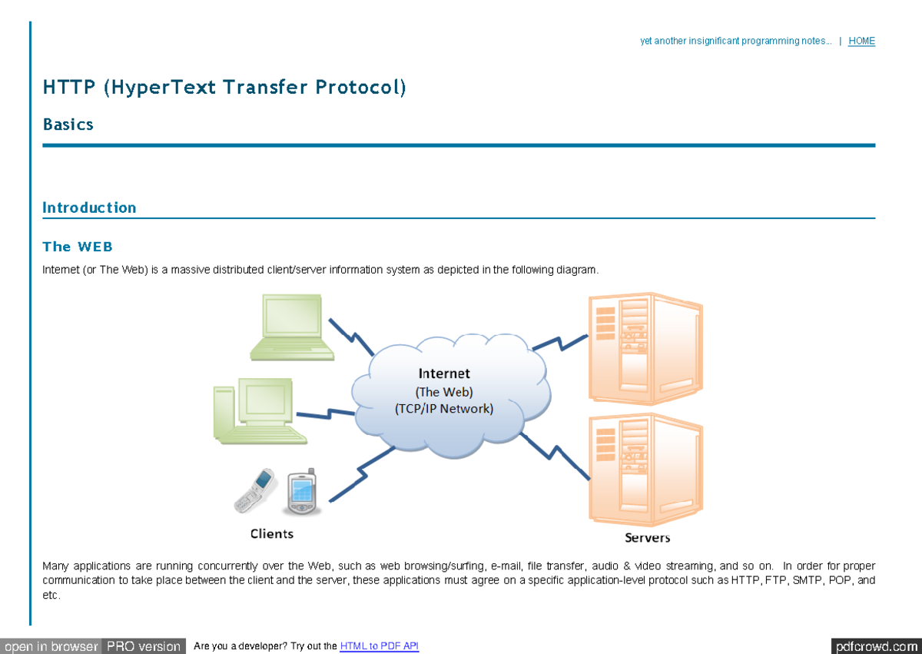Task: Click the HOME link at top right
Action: [861, 41]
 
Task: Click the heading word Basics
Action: [68, 124]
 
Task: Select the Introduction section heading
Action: [89, 207]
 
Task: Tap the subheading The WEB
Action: [78, 247]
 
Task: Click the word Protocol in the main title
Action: [360, 88]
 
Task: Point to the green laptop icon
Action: [291, 327]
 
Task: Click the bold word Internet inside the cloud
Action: [444, 373]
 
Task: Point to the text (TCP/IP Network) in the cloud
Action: [444, 409]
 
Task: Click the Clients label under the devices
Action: [272, 533]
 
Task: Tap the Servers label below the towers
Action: [647, 538]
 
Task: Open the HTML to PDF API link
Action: [379, 646]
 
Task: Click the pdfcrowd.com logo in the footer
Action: [875, 646]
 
